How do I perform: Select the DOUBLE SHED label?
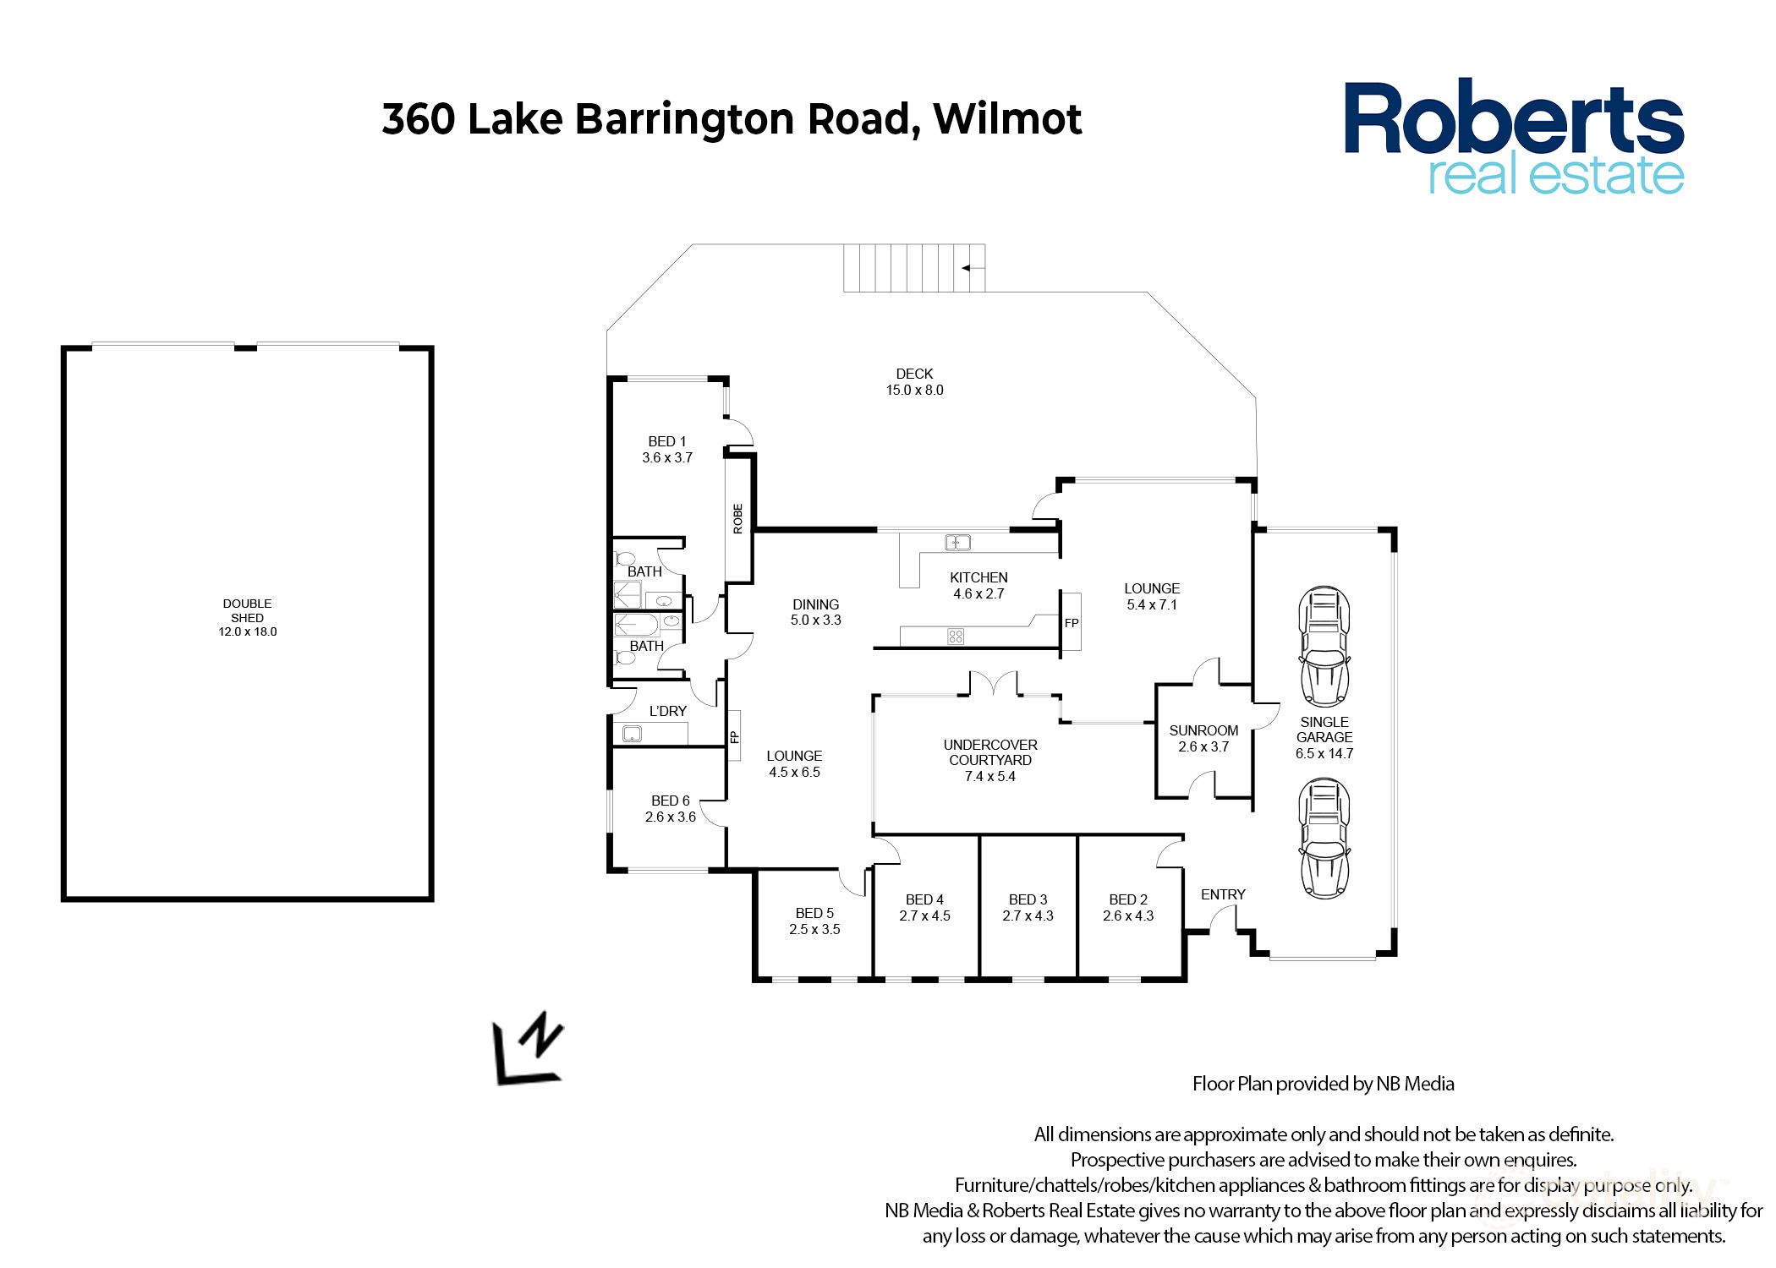point(247,610)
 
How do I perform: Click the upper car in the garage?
point(1324,647)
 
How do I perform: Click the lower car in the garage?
point(1324,839)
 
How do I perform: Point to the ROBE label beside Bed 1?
point(738,518)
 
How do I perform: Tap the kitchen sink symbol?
point(957,543)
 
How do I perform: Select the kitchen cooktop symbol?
point(956,637)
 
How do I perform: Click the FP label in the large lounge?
point(1072,623)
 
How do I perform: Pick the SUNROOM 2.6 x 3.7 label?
point(1203,738)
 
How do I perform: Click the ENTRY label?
point(1223,894)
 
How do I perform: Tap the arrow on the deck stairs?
point(972,268)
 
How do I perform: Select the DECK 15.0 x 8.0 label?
point(914,381)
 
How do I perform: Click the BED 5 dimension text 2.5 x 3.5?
point(814,930)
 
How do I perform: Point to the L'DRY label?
point(667,711)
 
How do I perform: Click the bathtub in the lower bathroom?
point(636,626)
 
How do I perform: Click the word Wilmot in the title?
point(1007,118)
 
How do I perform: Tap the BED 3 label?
point(1028,899)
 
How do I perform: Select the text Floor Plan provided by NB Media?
point(1323,1084)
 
